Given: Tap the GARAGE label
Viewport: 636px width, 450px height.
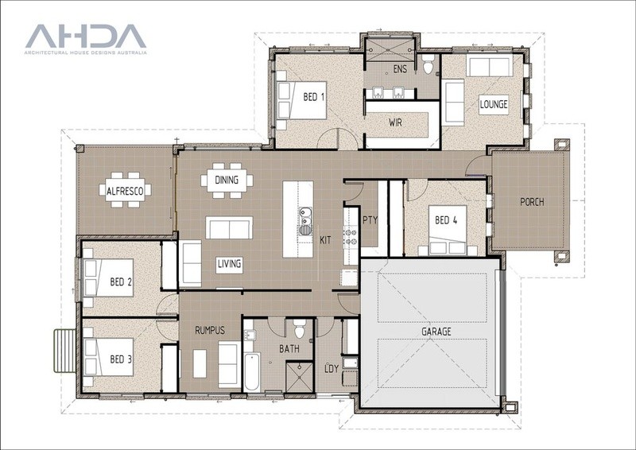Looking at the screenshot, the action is [436, 332].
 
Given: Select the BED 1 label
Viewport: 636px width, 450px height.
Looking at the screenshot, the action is [314, 97].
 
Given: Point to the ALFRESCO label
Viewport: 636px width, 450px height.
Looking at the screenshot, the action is [125, 191].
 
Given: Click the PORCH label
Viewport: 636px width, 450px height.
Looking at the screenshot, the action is [532, 202].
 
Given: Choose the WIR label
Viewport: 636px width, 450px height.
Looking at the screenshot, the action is [395, 122].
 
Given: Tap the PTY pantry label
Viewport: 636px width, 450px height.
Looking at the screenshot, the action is [370, 220].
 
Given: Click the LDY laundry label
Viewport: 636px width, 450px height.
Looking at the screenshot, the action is [332, 368].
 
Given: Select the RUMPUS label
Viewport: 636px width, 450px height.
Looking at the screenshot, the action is [210, 330].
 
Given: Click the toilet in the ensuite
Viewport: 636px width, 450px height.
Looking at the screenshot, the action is [429, 65].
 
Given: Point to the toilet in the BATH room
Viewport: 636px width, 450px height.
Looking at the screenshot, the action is [300, 328].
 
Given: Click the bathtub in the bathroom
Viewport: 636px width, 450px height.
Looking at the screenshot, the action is [252, 371].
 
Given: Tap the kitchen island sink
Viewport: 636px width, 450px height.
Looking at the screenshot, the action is [305, 221].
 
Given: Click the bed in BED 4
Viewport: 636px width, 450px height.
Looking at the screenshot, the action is [448, 230].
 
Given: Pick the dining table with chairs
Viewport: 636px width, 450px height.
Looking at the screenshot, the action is [227, 180].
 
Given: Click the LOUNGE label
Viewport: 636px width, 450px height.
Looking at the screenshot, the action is [494, 104].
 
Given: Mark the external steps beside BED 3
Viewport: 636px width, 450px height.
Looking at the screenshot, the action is [65, 351].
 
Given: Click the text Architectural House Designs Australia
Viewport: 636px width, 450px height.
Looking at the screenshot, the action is [86, 52].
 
